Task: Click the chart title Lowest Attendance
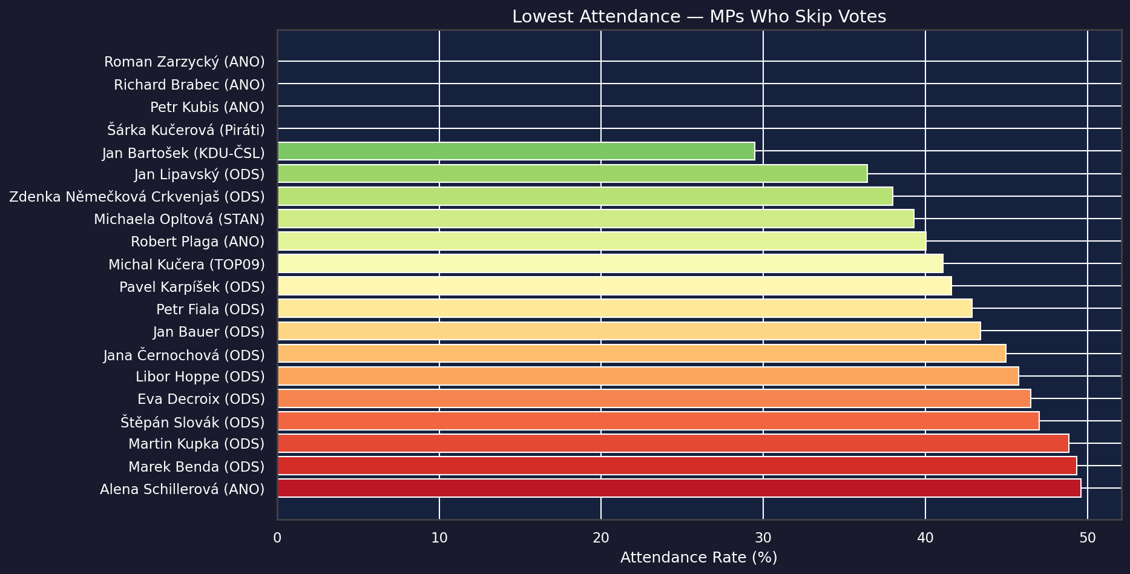click(x=699, y=17)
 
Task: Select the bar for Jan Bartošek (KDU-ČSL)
click(x=516, y=151)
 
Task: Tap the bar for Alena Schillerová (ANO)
click(x=678, y=489)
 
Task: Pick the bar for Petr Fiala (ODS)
click(x=625, y=309)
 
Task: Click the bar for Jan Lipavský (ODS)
click(x=572, y=174)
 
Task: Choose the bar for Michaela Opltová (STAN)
click(x=596, y=219)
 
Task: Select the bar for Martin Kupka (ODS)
click(x=672, y=443)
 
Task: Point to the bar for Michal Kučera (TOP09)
click(x=610, y=264)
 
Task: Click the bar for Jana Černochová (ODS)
click(x=642, y=354)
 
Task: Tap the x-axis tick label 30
click(x=763, y=538)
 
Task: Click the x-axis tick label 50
click(x=1088, y=538)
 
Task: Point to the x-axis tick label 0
click(x=277, y=538)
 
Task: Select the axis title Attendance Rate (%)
click(x=698, y=558)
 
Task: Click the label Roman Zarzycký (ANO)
click(x=184, y=62)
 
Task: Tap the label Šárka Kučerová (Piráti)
click(x=186, y=129)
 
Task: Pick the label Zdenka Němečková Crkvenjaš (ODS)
click(x=137, y=197)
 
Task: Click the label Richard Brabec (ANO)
click(x=189, y=85)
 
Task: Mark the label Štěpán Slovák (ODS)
click(x=192, y=422)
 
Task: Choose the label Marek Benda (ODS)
click(x=196, y=467)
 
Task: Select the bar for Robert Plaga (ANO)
click(x=602, y=242)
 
